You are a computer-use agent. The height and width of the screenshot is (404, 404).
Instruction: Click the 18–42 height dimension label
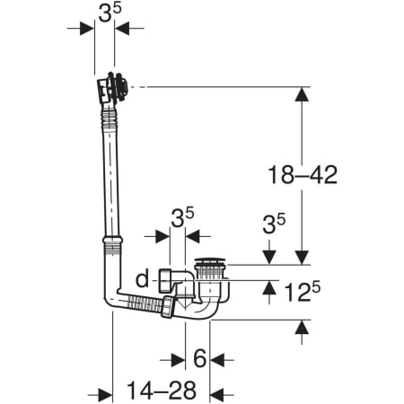tap(303, 175)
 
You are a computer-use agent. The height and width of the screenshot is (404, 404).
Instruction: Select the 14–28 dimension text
tap(162, 390)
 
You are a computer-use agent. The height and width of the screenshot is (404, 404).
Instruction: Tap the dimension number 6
tap(199, 358)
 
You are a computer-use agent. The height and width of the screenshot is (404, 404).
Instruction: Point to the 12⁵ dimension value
tap(302, 291)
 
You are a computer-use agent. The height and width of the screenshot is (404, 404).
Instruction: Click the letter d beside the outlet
tap(142, 279)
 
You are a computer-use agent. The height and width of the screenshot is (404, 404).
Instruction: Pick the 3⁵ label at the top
tap(110, 13)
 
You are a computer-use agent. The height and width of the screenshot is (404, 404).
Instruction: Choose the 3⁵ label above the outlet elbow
tap(182, 217)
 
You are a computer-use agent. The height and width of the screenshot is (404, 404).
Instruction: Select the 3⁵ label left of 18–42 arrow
tap(274, 224)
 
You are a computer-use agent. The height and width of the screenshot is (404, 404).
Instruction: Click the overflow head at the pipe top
tap(112, 88)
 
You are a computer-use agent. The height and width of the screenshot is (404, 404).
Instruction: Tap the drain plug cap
tap(209, 260)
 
